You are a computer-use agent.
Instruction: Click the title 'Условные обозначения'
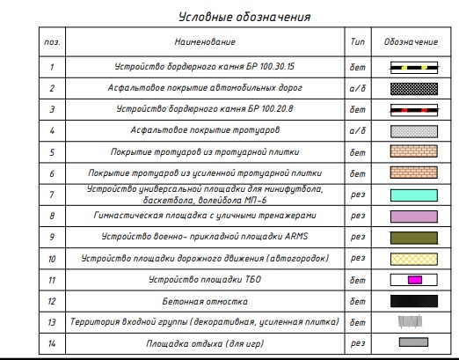click(x=244, y=17)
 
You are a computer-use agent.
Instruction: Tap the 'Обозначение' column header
click(x=411, y=42)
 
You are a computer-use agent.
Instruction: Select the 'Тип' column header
click(x=357, y=42)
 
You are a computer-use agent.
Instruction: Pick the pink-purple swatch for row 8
click(x=411, y=216)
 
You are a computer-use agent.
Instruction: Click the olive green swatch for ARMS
click(x=411, y=238)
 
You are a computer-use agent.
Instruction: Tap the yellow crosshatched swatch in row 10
click(x=411, y=259)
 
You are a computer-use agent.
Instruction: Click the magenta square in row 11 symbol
click(x=413, y=280)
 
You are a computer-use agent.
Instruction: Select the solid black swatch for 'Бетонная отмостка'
click(x=411, y=301)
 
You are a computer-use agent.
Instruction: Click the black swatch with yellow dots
click(x=411, y=67)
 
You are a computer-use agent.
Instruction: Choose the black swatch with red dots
click(x=411, y=110)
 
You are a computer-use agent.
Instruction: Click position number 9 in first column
click(x=52, y=238)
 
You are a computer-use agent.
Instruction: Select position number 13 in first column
click(x=52, y=322)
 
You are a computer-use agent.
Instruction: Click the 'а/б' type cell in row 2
click(x=357, y=89)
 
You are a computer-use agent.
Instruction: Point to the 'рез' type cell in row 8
click(x=357, y=216)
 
